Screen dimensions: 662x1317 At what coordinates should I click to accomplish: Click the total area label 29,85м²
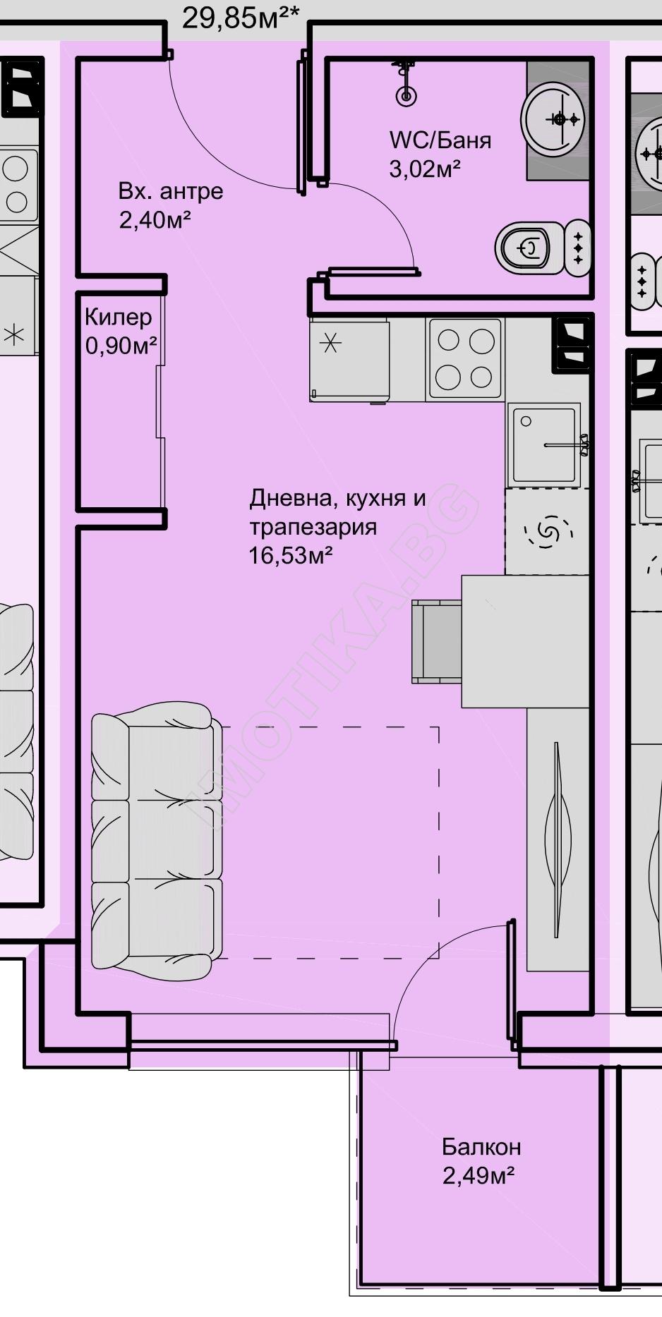pyautogui.click(x=240, y=17)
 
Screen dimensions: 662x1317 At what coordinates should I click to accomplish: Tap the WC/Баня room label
pyautogui.click(x=440, y=140)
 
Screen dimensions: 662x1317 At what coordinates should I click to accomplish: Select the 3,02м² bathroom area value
pyautogui.click(x=425, y=169)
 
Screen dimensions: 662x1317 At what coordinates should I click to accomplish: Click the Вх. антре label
pyautogui.click(x=171, y=191)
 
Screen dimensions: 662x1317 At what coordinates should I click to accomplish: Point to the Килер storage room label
pyautogui.click(x=118, y=317)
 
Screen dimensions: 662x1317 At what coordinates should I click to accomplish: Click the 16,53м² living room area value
pyautogui.click(x=291, y=556)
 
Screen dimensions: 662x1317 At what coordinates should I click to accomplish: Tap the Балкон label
pyautogui.click(x=481, y=1147)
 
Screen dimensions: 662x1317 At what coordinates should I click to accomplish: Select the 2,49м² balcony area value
pyautogui.click(x=478, y=1176)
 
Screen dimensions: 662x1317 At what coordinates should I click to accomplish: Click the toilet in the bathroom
pyautogui.click(x=542, y=248)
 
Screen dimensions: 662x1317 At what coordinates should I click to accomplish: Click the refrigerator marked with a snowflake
pyautogui.click(x=349, y=360)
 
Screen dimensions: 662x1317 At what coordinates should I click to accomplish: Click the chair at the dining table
pyautogui.click(x=437, y=641)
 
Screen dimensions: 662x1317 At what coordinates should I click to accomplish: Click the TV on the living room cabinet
pyautogui.click(x=558, y=839)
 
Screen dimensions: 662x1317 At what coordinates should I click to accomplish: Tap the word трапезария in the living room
pyautogui.click(x=313, y=528)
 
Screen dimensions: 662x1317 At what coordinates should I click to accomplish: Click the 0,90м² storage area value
pyautogui.click(x=121, y=346)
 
